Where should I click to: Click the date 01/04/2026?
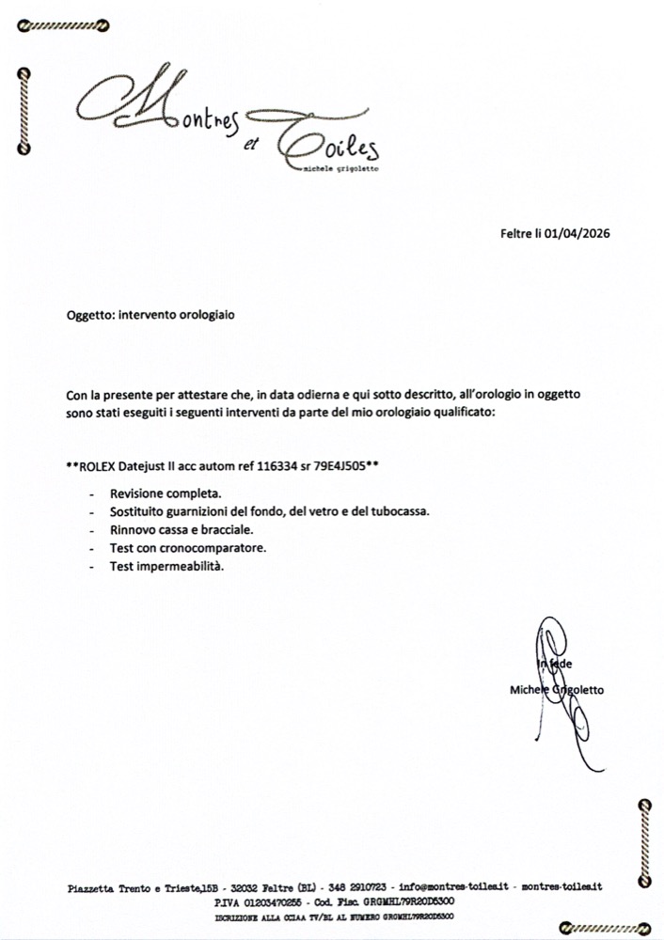(x=577, y=234)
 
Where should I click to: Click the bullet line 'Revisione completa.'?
(x=166, y=493)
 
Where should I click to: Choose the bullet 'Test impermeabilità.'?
(x=166, y=567)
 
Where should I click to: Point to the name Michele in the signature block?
(x=529, y=689)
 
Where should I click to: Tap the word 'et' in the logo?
(x=248, y=145)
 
